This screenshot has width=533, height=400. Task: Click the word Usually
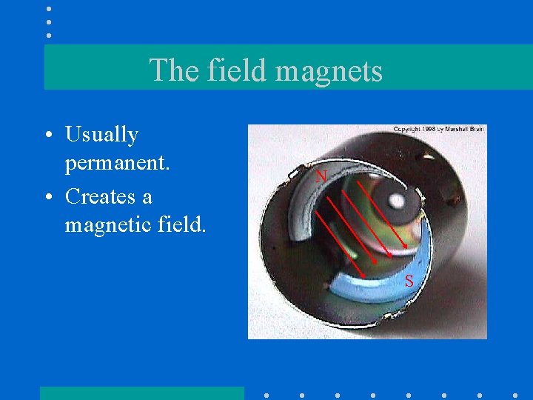[101, 136]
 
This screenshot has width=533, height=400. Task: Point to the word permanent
[118, 162]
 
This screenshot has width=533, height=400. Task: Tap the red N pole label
[321, 176]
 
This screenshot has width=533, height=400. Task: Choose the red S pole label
[409, 281]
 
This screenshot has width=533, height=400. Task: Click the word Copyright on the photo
[409, 129]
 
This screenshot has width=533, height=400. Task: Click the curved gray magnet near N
[300, 204]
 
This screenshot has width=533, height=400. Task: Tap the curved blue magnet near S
[370, 289]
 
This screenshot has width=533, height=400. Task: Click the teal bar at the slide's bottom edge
[141, 393]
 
